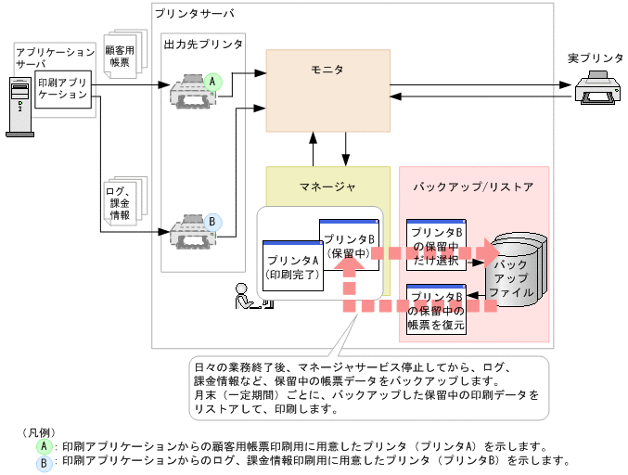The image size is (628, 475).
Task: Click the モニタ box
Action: [x=327, y=91]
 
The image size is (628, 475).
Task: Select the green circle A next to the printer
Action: [x=212, y=82]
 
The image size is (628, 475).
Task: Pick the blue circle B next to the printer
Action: [x=212, y=222]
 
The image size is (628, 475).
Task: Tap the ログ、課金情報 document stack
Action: [x=122, y=201]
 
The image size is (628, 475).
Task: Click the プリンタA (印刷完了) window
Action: [x=292, y=264]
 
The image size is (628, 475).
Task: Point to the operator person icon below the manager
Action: [x=246, y=295]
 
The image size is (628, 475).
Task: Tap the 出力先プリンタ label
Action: [x=203, y=45]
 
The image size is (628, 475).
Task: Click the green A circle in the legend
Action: [x=43, y=445]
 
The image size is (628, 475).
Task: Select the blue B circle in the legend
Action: [x=43, y=461]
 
